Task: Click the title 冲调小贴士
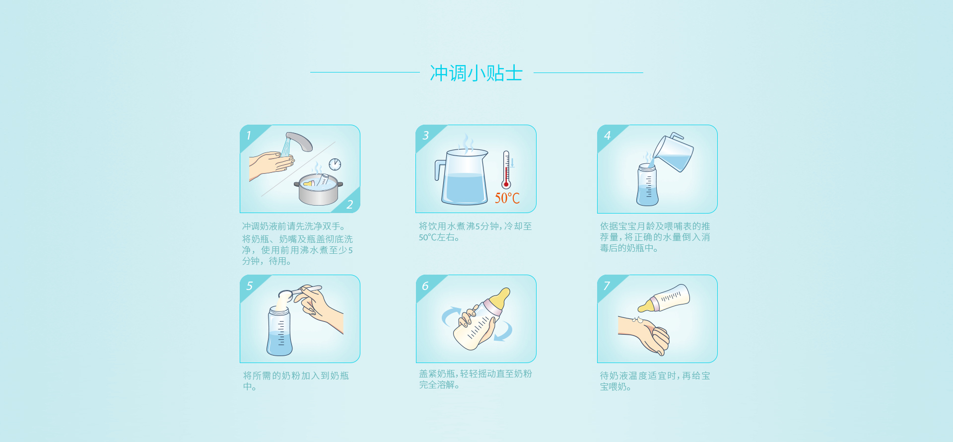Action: tap(476, 73)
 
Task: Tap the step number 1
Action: tap(249, 135)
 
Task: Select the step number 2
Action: tap(350, 204)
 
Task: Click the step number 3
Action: tap(425, 135)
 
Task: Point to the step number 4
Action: tap(607, 135)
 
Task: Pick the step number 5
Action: tap(250, 286)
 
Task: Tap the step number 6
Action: tap(425, 286)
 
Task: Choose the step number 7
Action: tap(607, 286)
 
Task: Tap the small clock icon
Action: tap(335, 164)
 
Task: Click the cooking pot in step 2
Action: tap(319, 189)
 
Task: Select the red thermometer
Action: tap(506, 170)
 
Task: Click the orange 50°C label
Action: tap(507, 198)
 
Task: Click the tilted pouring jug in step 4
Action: tap(673, 152)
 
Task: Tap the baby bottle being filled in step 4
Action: tap(647, 185)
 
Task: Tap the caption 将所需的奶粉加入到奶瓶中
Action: tap(296, 381)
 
